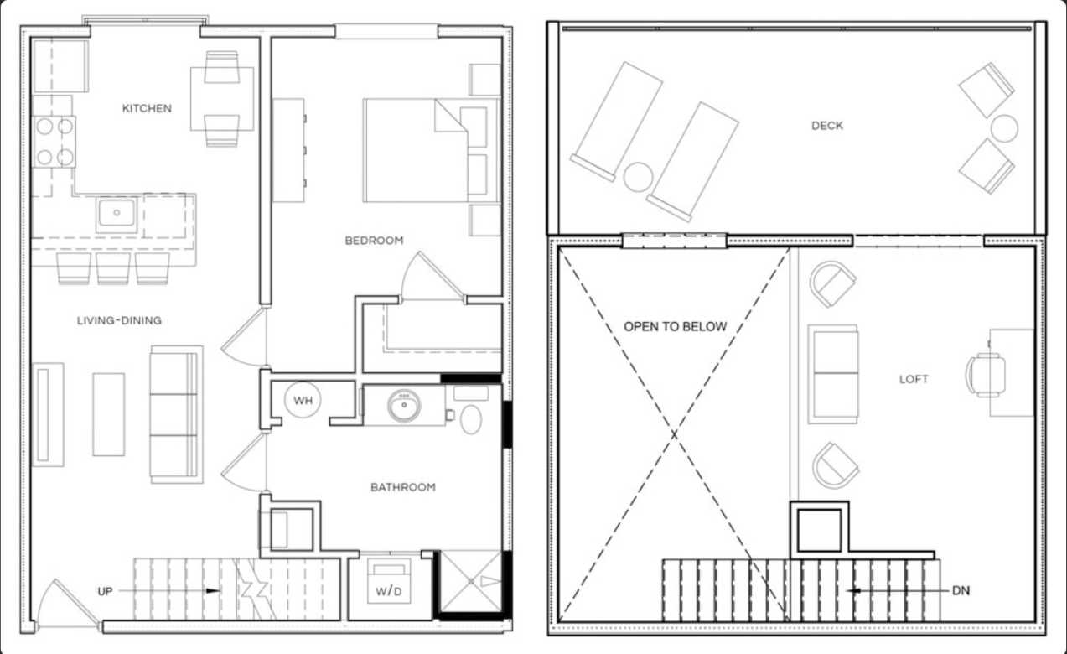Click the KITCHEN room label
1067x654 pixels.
147,108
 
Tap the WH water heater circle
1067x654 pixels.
303,401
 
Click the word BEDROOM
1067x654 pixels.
374,241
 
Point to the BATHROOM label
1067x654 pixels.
402,487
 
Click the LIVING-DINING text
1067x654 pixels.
119,320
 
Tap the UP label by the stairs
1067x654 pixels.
105,591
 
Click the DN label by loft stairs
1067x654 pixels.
961,590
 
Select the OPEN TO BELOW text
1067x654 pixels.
675,326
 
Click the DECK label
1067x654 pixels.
826,126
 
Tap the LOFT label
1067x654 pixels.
914,379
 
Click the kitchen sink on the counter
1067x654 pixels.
117,214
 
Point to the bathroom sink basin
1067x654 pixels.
405,406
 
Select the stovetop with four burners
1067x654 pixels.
54,142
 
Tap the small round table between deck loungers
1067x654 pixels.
638,177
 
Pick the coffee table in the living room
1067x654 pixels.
108,414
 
